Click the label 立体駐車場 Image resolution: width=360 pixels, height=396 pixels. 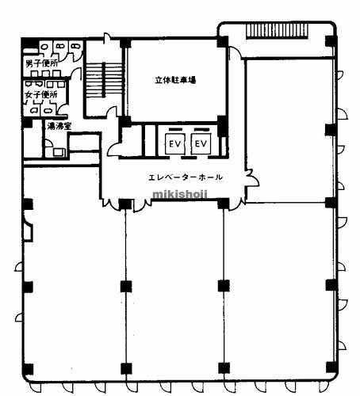click(175, 80)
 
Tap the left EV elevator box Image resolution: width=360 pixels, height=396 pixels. click(174, 143)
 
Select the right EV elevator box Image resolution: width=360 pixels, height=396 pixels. click(201, 143)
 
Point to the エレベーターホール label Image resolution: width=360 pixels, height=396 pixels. click(186, 177)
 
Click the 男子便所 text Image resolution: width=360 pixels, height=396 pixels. click(42, 63)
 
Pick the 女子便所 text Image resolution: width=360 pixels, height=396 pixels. click(41, 94)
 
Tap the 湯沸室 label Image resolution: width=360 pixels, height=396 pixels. click(59, 126)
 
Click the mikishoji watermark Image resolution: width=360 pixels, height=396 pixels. click(180, 195)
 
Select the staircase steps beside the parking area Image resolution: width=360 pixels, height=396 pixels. click(105, 79)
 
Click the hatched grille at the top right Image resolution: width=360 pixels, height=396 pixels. click(277, 32)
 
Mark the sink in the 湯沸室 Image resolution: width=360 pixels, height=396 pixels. click(59, 152)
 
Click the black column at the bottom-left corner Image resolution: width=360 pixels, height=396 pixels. click(28, 369)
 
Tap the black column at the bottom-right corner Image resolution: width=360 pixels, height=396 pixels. click(331, 367)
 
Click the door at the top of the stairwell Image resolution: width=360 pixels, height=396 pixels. click(106, 37)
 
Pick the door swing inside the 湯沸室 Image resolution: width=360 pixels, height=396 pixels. click(48, 143)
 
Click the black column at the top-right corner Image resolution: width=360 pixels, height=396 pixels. click(331, 41)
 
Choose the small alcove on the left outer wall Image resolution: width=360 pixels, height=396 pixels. click(28, 232)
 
